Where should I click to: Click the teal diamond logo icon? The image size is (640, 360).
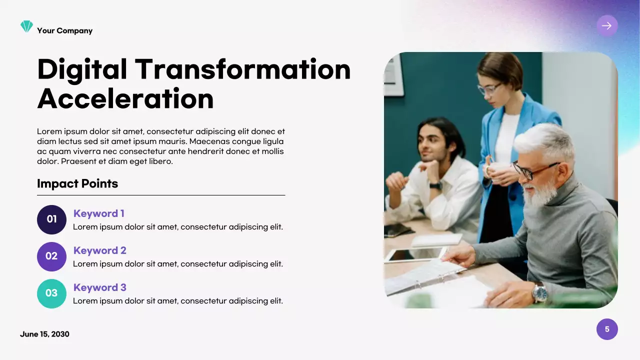[x=26, y=26]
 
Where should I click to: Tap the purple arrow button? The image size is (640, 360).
[x=607, y=26]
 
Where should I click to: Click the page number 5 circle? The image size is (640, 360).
[x=607, y=329]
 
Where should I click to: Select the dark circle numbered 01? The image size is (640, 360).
[x=51, y=219]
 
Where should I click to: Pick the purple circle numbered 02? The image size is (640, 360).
[x=51, y=256]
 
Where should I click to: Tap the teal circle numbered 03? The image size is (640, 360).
[x=51, y=293]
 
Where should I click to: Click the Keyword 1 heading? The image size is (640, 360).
[x=99, y=213]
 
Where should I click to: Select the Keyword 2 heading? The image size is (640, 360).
[x=100, y=250]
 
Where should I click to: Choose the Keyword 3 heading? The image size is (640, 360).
[x=100, y=287]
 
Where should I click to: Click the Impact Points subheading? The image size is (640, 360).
[x=77, y=183]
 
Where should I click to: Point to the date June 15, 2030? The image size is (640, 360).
[x=44, y=334]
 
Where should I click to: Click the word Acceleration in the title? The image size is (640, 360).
[x=125, y=98]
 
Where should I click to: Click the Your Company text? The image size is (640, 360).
[x=64, y=30]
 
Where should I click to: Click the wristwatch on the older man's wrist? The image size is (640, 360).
[x=539, y=292]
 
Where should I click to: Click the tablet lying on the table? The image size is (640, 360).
[x=415, y=254]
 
